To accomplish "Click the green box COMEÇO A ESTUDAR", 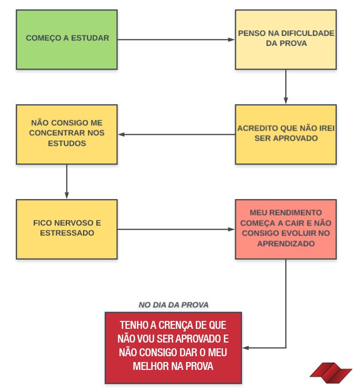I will tap(66, 40).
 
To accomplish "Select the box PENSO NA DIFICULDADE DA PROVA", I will tap(286, 40).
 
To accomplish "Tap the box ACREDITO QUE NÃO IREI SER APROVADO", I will tap(286, 134).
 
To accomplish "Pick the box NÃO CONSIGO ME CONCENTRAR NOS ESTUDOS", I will tap(66, 134).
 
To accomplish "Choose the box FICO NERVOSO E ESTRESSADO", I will tap(66, 229).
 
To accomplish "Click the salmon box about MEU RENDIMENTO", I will tap(286, 229).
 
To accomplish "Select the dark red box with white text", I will tap(173, 347).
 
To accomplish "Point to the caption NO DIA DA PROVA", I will tap(174, 305).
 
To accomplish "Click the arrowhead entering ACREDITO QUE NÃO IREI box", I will tap(286, 101).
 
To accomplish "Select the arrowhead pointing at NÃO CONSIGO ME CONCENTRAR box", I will tap(121, 134).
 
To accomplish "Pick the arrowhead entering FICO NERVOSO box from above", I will tap(67, 196).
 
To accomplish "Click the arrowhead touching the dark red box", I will tap(245, 348).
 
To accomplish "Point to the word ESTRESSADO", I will tap(67, 232).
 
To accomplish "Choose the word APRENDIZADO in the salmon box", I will tap(286, 243).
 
